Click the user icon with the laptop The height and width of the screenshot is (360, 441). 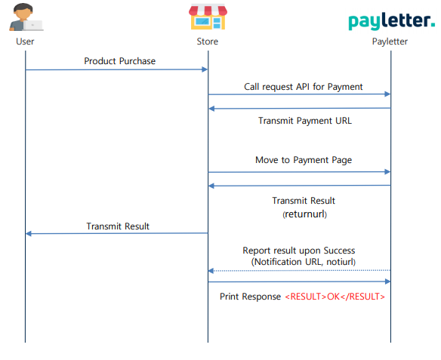26,17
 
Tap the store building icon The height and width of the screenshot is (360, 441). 208,17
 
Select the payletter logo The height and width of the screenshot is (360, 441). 391,21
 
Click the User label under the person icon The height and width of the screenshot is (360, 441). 25,42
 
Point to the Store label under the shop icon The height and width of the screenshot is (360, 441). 207,42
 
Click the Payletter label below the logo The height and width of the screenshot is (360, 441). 390,42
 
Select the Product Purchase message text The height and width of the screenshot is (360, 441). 119,61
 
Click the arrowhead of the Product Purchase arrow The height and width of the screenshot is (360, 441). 205,69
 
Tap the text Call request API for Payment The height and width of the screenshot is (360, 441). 304,87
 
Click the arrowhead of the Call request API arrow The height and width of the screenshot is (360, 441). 387,94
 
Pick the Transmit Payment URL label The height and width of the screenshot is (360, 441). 305,121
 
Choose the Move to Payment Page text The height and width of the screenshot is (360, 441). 304,160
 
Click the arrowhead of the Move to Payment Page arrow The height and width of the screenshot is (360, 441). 387,172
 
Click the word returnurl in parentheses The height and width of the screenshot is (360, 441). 304,214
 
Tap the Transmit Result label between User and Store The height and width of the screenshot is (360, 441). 118,226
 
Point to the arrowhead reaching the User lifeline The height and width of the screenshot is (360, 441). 29,233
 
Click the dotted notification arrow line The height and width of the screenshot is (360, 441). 299,271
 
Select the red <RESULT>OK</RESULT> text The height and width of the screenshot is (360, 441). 335,297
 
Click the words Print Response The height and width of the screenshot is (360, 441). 250,297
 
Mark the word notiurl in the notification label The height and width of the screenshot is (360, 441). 340,262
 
